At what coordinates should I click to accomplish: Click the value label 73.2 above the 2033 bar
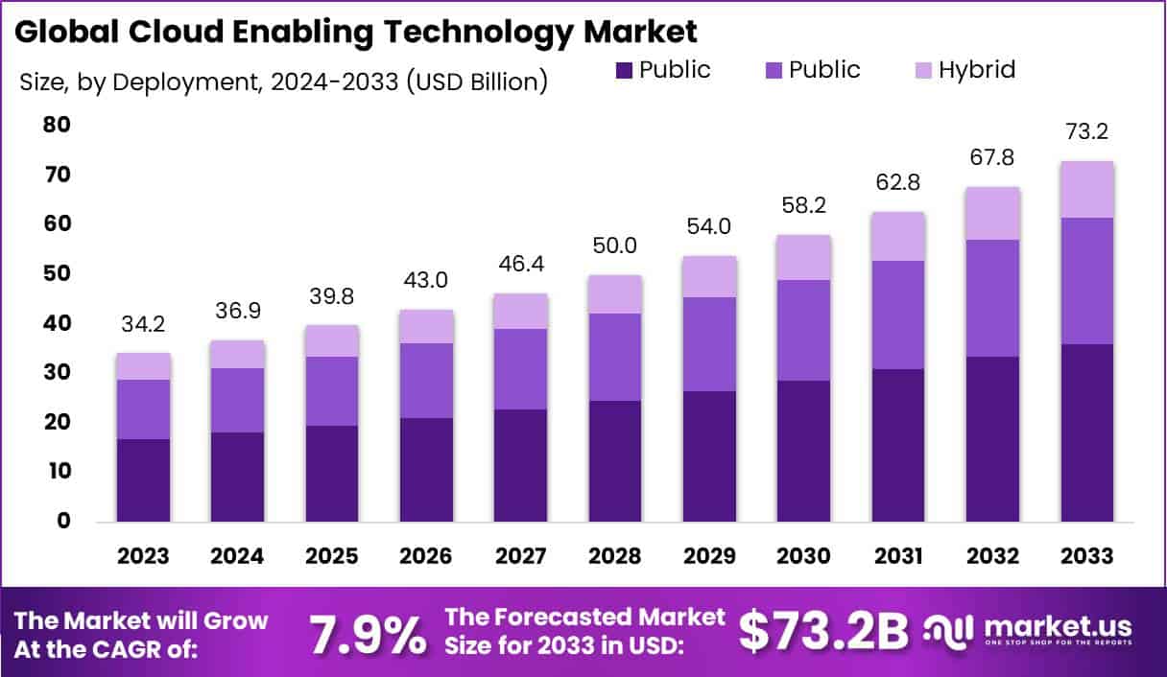click(1086, 132)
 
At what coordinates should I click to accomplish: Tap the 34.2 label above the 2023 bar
click(144, 324)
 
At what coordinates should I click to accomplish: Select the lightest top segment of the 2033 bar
click(1086, 189)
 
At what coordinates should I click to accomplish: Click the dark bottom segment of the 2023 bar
click(144, 479)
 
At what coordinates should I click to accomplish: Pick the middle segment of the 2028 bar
click(615, 357)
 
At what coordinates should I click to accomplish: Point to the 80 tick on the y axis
click(57, 125)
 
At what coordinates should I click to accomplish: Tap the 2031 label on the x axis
click(898, 556)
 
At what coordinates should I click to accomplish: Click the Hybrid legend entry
click(975, 70)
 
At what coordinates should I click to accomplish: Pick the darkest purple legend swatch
click(623, 70)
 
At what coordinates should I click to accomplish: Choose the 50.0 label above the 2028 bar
click(615, 246)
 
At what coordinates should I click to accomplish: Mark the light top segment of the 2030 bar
click(803, 257)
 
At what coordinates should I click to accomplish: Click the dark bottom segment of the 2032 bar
click(992, 439)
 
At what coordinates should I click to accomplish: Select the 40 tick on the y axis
click(57, 323)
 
